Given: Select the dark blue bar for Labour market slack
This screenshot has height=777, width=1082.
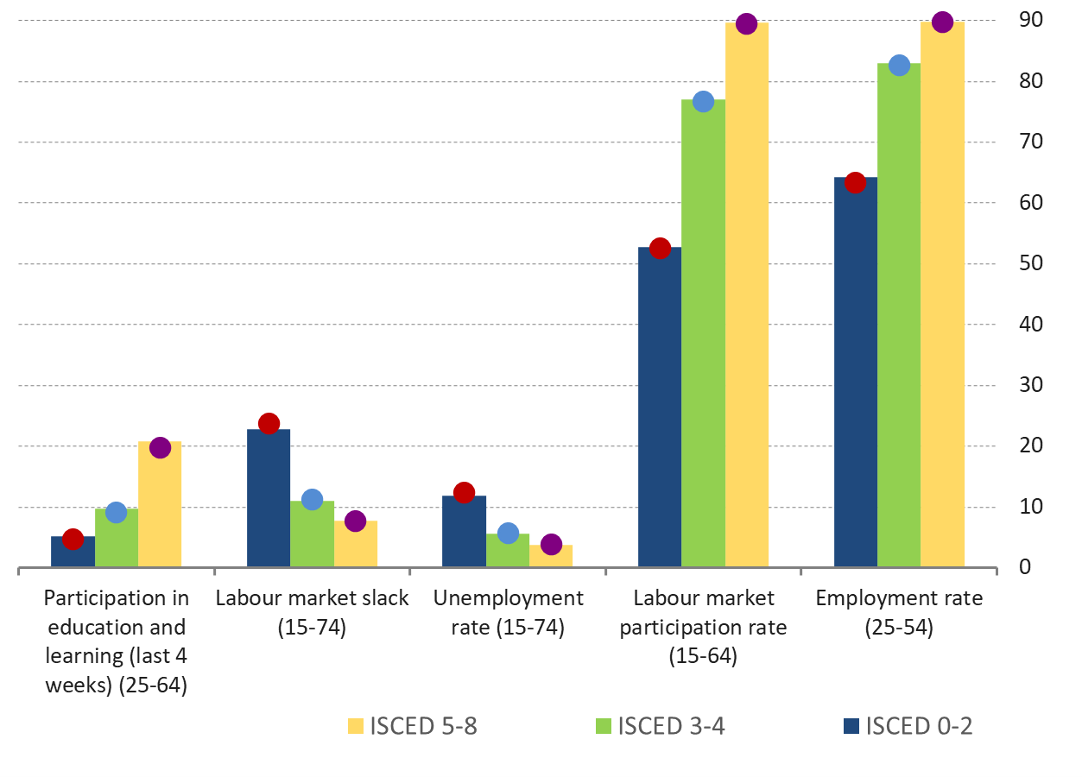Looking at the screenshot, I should (x=269, y=501).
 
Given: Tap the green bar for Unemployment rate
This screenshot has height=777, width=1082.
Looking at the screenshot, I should (x=508, y=553).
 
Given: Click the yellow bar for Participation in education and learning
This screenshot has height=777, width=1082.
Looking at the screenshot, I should (x=160, y=509).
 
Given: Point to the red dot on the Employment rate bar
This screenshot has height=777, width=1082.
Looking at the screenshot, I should (x=856, y=182).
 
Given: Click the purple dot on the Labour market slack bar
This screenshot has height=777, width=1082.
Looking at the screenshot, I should (x=355, y=521).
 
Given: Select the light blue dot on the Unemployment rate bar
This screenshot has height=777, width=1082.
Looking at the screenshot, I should (x=508, y=534).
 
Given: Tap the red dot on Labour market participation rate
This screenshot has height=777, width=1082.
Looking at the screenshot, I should (x=660, y=249).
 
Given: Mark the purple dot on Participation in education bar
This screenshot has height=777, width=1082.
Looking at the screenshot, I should (x=160, y=447).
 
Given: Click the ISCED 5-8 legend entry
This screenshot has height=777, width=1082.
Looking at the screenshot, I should (x=413, y=726).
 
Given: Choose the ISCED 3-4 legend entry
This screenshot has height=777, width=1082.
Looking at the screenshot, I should (x=661, y=726).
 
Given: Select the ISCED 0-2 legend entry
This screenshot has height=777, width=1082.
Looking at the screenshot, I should (x=908, y=726).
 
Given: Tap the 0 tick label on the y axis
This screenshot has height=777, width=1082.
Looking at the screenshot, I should (x=1025, y=567).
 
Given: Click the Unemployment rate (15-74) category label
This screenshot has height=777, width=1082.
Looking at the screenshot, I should (x=508, y=612).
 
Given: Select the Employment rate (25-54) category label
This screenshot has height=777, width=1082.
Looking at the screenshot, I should (x=899, y=612).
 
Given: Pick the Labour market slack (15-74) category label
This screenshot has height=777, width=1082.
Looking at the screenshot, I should (x=312, y=612).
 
